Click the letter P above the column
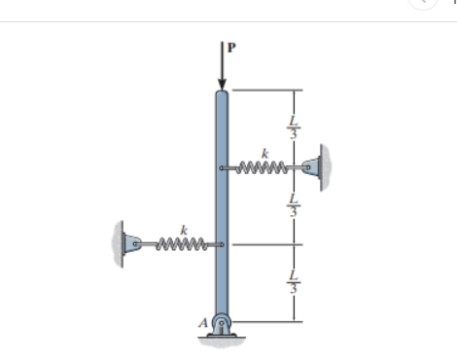231,46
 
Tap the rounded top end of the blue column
222,93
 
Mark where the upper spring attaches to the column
224,168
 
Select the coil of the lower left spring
181,243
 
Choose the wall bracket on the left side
125,243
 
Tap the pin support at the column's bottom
222,325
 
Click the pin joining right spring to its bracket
309,168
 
